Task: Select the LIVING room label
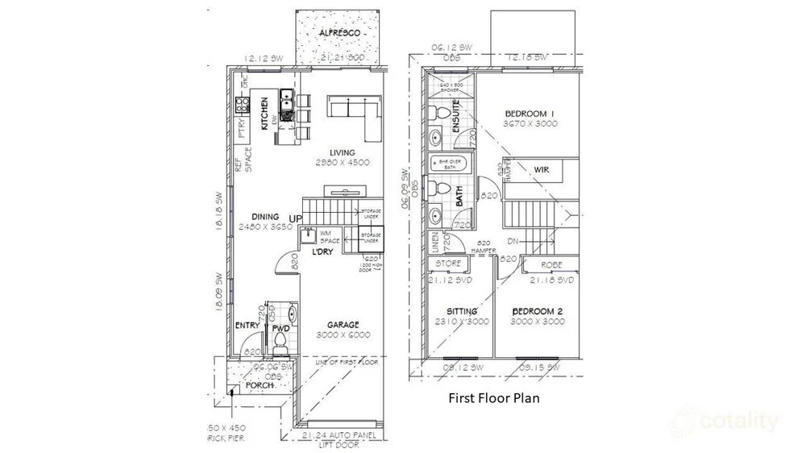click(x=342, y=152)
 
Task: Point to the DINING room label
click(x=264, y=217)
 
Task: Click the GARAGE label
click(x=343, y=325)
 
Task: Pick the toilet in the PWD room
click(x=280, y=343)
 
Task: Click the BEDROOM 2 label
click(x=536, y=311)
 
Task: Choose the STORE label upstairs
click(x=448, y=264)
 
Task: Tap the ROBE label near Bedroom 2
click(x=551, y=264)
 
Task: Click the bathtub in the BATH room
click(x=447, y=164)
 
